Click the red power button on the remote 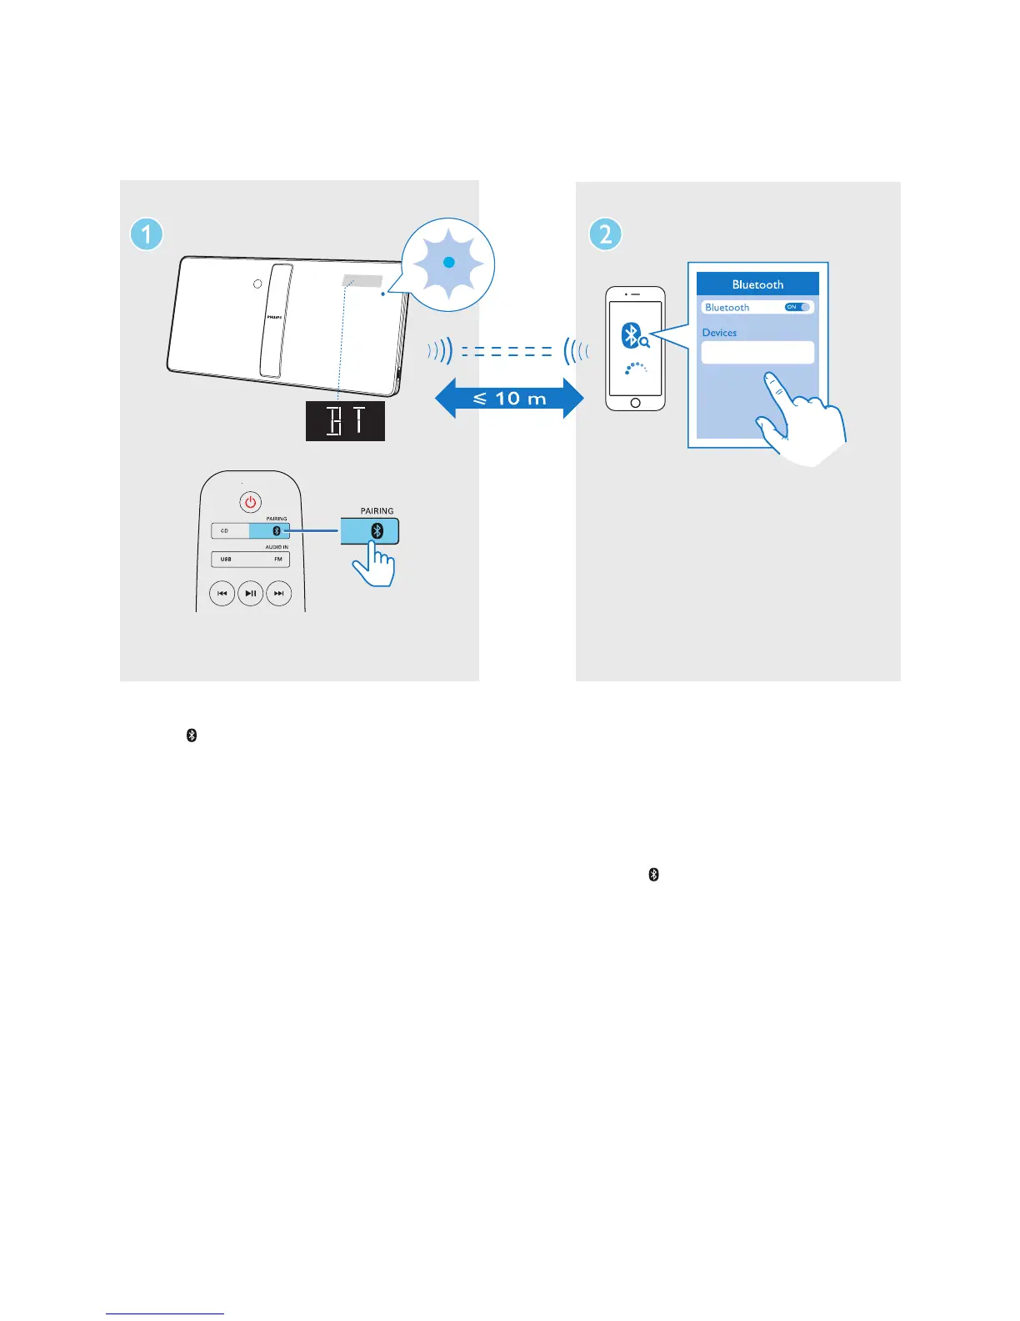click(x=250, y=502)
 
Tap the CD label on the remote click(x=224, y=531)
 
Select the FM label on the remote click(x=278, y=560)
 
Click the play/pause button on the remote click(x=250, y=593)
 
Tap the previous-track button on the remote click(x=222, y=593)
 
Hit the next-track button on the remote click(x=279, y=593)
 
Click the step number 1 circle click(x=147, y=234)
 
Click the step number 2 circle click(x=606, y=234)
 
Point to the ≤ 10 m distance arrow click(x=509, y=399)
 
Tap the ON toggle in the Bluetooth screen click(x=797, y=307)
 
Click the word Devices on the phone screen click(x=719, y=333)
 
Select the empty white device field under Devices click(x=757, y=352)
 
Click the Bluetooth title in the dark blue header click(x=757, y=284)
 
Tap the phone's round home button click(x=635, y=403)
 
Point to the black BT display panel click(x=345, y=421)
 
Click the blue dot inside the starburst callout click(x=448, y=263)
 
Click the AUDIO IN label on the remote click(x=277, y=547)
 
